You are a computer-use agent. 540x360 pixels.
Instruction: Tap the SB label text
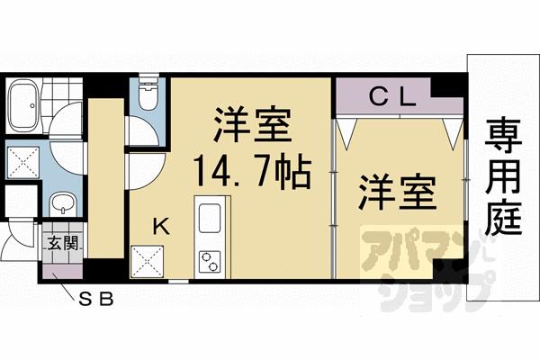coord(97,298)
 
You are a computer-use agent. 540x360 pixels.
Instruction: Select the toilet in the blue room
coord(147,94)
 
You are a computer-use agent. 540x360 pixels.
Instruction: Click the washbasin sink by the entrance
coord(61,203)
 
